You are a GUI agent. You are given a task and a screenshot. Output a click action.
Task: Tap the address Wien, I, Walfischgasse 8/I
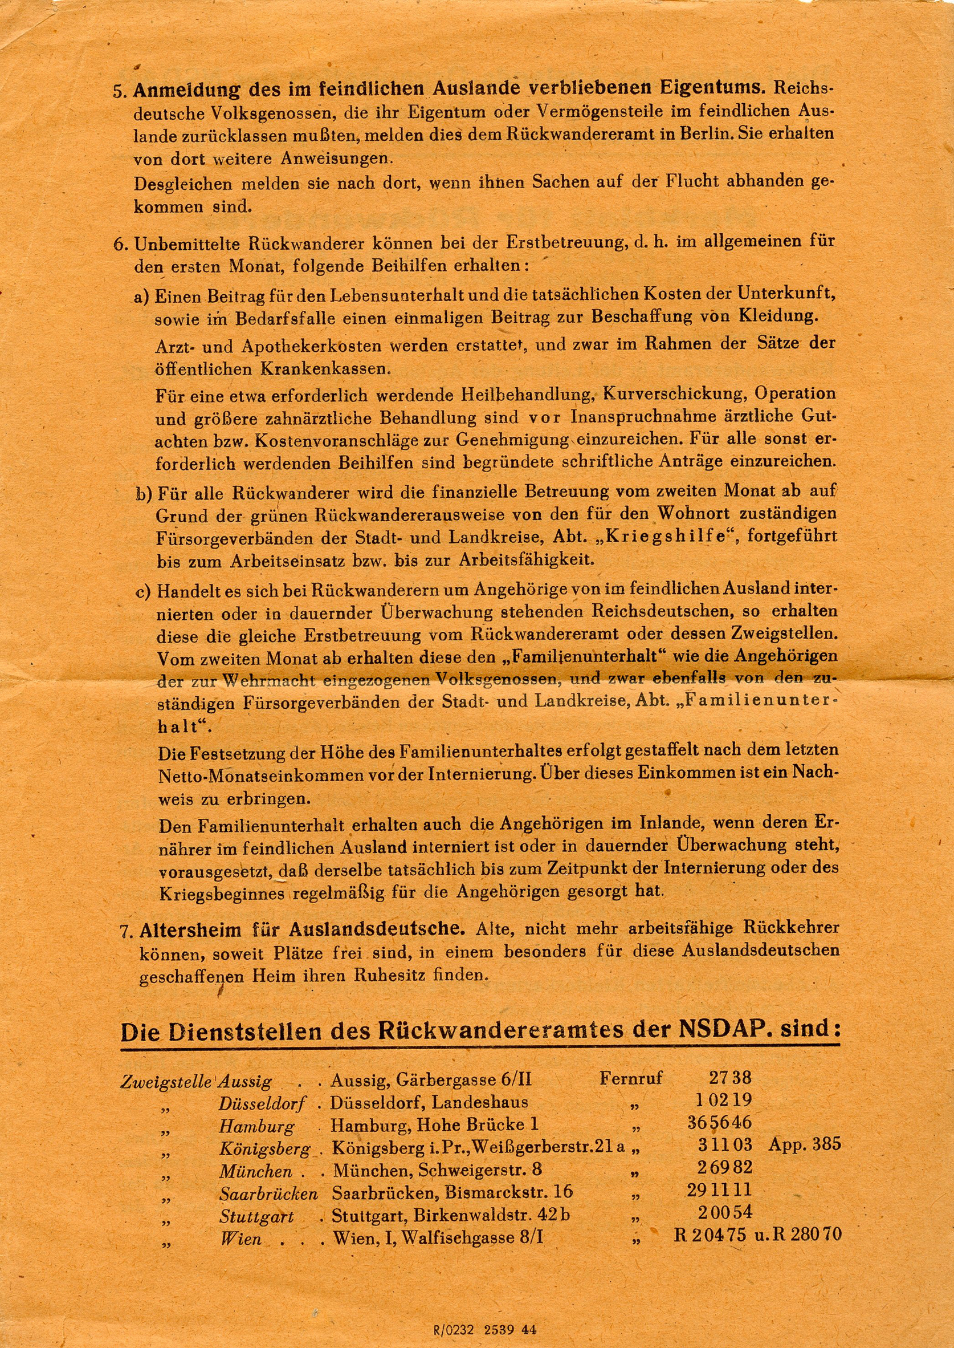(438, 1238)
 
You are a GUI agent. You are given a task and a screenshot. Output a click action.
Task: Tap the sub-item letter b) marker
(144, 493)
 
